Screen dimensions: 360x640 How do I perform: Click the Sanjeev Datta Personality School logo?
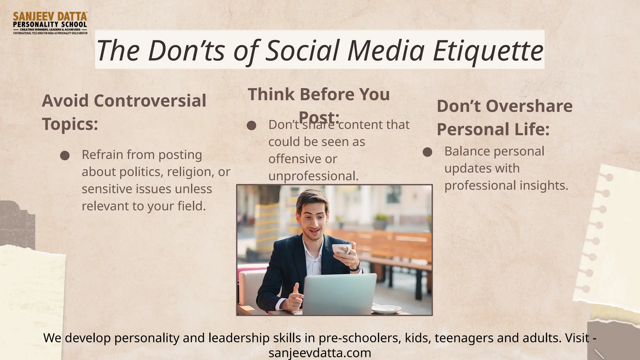[x=50, y=23]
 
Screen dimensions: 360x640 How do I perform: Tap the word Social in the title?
[x=302, y=51]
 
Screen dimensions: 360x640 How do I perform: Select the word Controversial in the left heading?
[x=150, y=101]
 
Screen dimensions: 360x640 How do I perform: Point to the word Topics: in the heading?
[x=70, y=124]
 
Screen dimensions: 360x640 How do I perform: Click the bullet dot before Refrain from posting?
[x=65, y=156]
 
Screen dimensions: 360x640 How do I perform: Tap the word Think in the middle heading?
[x=271, y=94]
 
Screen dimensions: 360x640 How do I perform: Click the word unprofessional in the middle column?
[x=313, y=176]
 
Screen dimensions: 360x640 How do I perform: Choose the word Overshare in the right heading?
[x=529, y=106]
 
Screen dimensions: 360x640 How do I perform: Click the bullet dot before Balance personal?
[x=427, y=152]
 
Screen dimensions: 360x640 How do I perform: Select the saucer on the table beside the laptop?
[x=386, y=309]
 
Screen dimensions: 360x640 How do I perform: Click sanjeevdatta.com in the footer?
[x=320, y=353]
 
